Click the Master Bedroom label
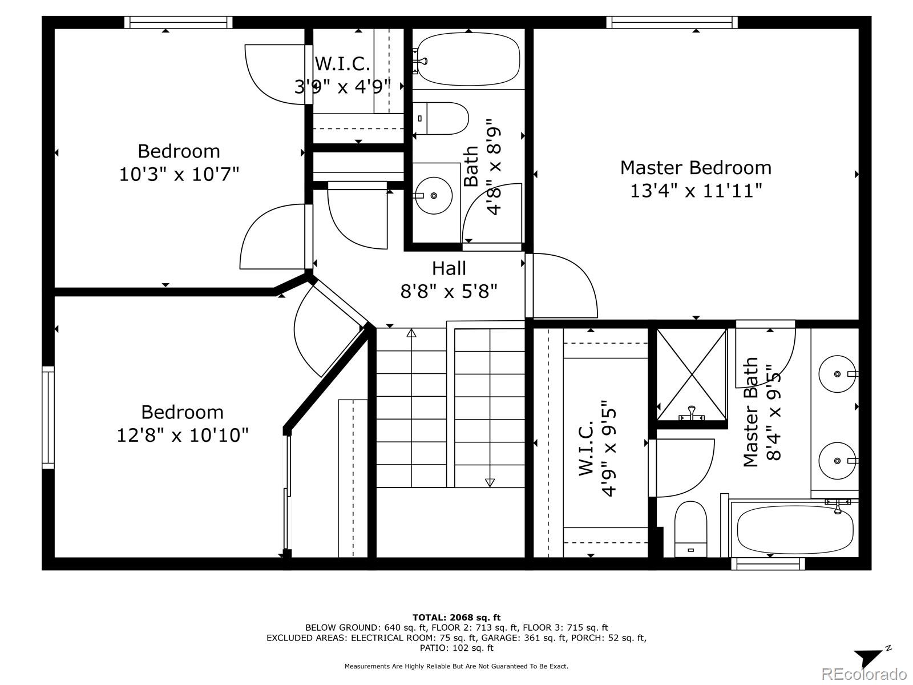pos(696,168)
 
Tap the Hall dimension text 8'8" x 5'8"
pos(449,291)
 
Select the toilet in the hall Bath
pos(441,119)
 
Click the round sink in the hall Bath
pos(434,195)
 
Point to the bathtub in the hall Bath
pos(468,59)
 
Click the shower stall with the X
pos(692,374)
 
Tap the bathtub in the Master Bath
pos(795,530)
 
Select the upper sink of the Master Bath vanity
pos(837,374)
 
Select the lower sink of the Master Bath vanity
pos(837,461)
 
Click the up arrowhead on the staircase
pos(411,333)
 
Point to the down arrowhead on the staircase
pos(490,482)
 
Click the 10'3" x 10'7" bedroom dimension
pos(179,174)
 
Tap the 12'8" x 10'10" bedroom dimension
pos(182,436)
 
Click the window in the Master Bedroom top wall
pos(672,22)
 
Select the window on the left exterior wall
pos(49,418)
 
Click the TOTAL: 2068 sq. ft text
pos(457,617)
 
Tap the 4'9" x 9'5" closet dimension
pos(608,448)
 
